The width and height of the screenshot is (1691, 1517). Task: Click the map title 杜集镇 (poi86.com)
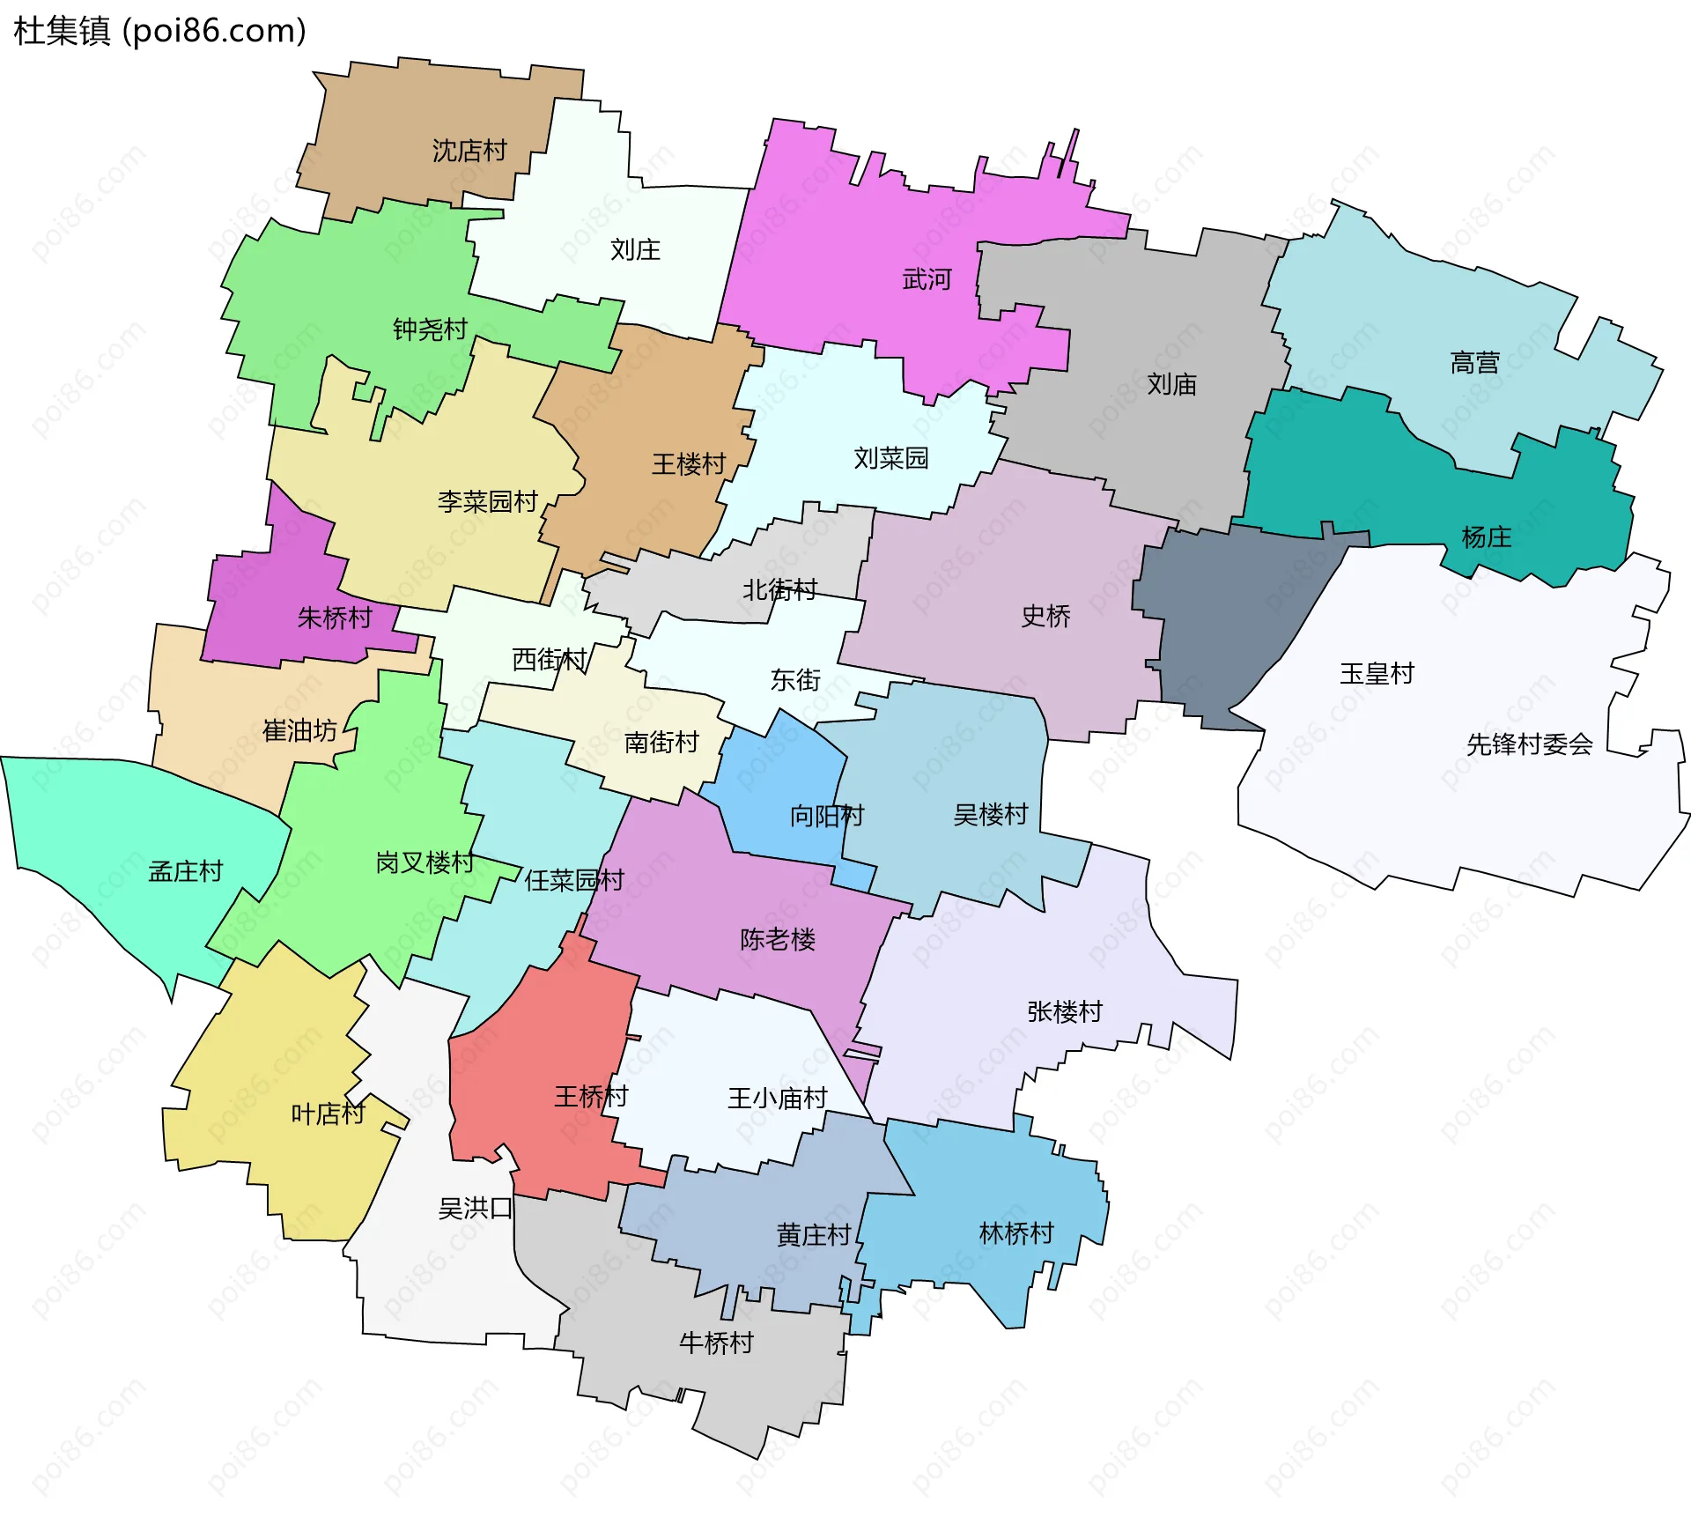click(x=159, y=32)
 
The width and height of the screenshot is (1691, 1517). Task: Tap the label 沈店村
click(x=469, y=151)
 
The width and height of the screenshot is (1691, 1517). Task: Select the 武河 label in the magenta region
click(x=927, y=279)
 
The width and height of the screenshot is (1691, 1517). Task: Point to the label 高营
click(x=1474, y=362)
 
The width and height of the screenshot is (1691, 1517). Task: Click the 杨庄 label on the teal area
click(x=1486, y=536)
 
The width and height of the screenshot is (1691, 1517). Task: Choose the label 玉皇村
click(x=1377, y=674)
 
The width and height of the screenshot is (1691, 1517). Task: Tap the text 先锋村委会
click(x=1529, y=744)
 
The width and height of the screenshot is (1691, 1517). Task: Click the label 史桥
click(x=1045, y=616)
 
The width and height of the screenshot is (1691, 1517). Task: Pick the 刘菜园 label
click(x=891, y=458)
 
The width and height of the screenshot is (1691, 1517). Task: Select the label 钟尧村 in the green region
click(x=430, y=329)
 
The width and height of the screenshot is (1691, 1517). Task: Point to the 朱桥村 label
click(x=335, y=618)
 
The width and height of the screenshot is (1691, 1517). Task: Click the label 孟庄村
click(x=186, y=871)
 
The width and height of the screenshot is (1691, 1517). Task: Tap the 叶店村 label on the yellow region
click(x=328, y=1114)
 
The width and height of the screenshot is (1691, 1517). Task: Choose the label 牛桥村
click(x=716, y=1343)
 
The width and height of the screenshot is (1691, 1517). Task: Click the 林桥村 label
click(x=1016, y=1233)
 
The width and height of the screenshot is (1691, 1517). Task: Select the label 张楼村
click(x=1065, y=1011)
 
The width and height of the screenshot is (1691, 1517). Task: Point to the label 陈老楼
click(x=778, y=939)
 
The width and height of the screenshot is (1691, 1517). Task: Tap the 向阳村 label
click(x=826, y=816)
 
